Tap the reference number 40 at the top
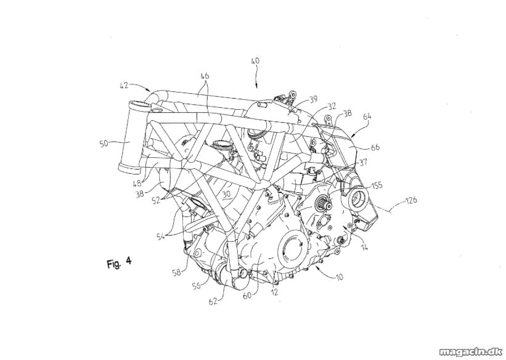[255, 61]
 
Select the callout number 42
[124, 86]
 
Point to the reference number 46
[205, 76]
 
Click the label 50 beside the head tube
[104, 144]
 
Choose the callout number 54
[161, 236]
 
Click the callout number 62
[213, 301]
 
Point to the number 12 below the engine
[274, 293]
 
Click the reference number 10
[339, 277]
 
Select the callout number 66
[375, 147]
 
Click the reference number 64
[367, 116]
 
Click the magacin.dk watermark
[472, 350]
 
